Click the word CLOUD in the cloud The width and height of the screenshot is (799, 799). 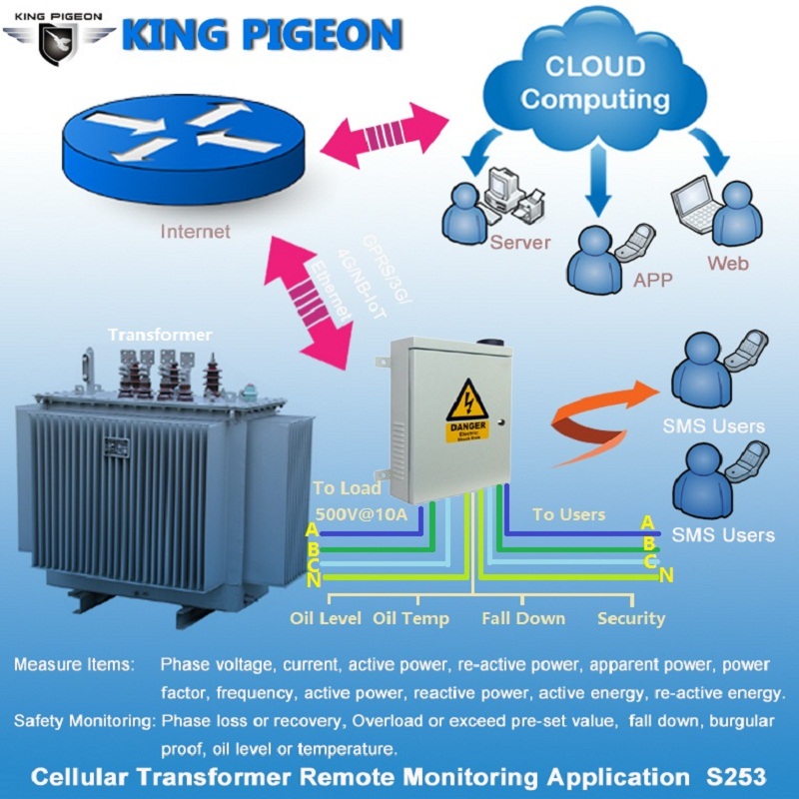click(594, 68)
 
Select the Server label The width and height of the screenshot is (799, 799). click(519, 242)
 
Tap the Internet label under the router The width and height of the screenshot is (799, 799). click(195, 232)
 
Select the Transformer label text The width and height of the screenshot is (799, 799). click(160, 334)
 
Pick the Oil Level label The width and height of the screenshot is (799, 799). click(326, 618)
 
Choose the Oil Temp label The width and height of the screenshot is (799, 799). click(410, 618)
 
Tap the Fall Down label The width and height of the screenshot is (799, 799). click(523, 618)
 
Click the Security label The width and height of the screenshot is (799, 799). click(631, 618)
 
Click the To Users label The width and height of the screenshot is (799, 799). click(568, 514)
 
